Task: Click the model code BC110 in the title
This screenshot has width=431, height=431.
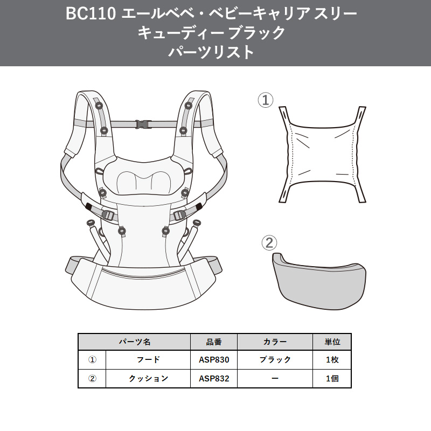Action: (x=90, y=14)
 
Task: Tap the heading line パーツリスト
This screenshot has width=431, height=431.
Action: (x=211, y=52)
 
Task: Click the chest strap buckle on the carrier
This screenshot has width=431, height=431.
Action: (x=143, y=124)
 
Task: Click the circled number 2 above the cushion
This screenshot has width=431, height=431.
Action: (x=269, y=242)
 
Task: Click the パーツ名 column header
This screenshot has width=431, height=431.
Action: (x=135, y=342)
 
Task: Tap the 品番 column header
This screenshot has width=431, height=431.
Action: (x=214, y=342)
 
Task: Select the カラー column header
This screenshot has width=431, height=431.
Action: (x=275, y=342)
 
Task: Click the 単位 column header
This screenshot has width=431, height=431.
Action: (x=332, y=342)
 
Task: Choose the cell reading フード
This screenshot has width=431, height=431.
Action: (x=148, y=360)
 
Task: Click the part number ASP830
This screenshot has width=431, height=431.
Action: (x=214, y=360)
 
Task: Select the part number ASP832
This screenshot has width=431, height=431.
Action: (x=214, y=379)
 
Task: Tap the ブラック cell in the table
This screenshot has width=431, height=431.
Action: (x=275, y=360)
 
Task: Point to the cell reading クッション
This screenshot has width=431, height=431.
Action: (x=148, y=379)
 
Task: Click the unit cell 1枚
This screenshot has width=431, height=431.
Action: (x=332, y=360)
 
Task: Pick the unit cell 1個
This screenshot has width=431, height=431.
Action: (x=332, y=379)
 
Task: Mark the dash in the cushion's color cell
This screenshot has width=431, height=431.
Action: (x=275, y=379)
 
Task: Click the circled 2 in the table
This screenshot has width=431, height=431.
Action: (x=92, y=379)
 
